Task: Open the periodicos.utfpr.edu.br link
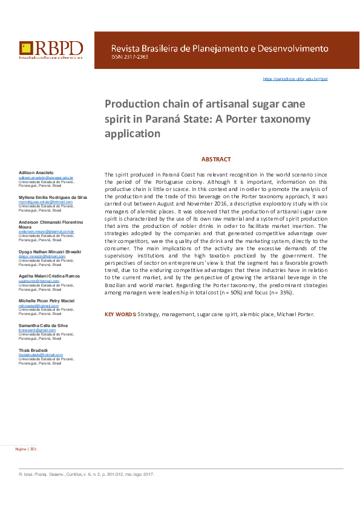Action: click(x=295, y=79)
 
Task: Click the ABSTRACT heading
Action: click(x=216, y=160)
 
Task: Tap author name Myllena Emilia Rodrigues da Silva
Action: click(x=53, y=198)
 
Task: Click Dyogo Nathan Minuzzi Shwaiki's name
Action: click(x=50, y=251)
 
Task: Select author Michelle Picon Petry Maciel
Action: click(x=47, y=300)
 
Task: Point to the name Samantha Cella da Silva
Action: click(x=43, y=325)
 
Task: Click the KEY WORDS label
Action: click(x=120, y=314)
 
